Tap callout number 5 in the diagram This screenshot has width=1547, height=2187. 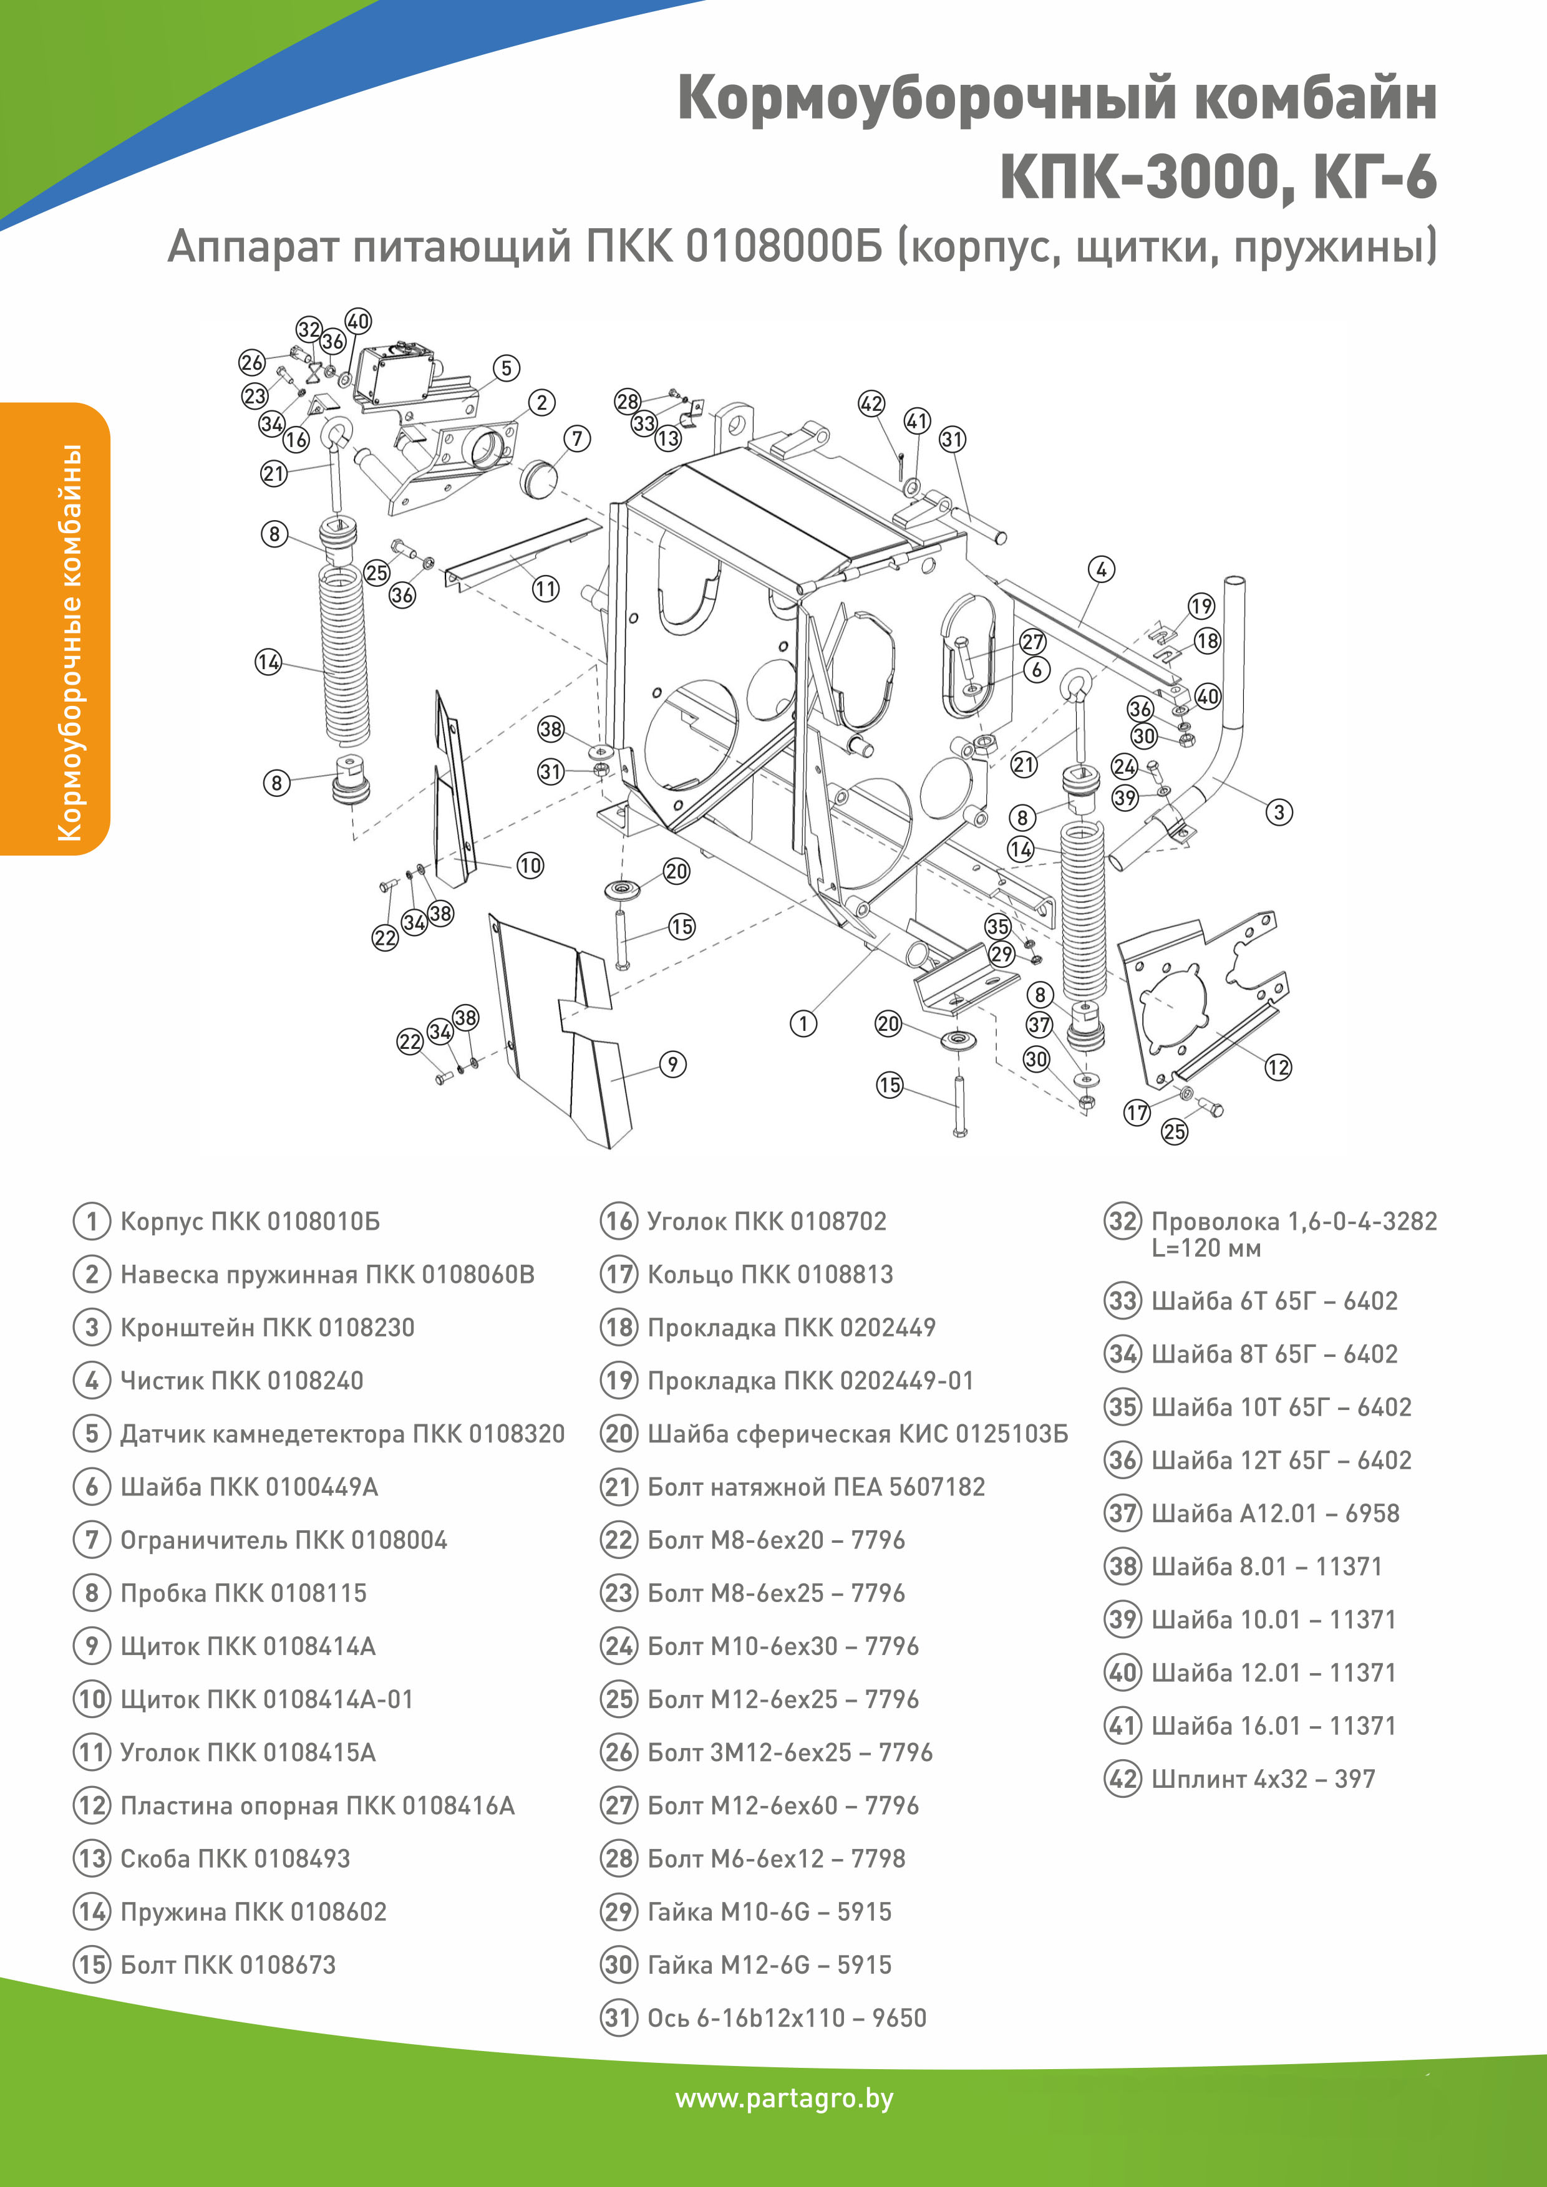[x=506, y=368]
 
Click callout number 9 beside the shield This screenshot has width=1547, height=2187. [x=672, y=1064]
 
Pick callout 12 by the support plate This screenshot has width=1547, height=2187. [x=1278, y=1067]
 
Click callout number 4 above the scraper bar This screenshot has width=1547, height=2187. [x=1101, y=569]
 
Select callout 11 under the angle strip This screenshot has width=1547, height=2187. [x=545, y=589]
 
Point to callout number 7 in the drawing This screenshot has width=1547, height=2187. [x=577, y=438]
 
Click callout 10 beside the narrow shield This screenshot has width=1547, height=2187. [x=530, y=865]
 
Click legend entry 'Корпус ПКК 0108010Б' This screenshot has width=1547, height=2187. [x=250, y=1221]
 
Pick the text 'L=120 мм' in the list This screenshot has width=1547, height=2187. [x=1205, y=1248]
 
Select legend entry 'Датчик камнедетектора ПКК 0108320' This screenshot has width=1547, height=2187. [x=342, y=1434]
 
